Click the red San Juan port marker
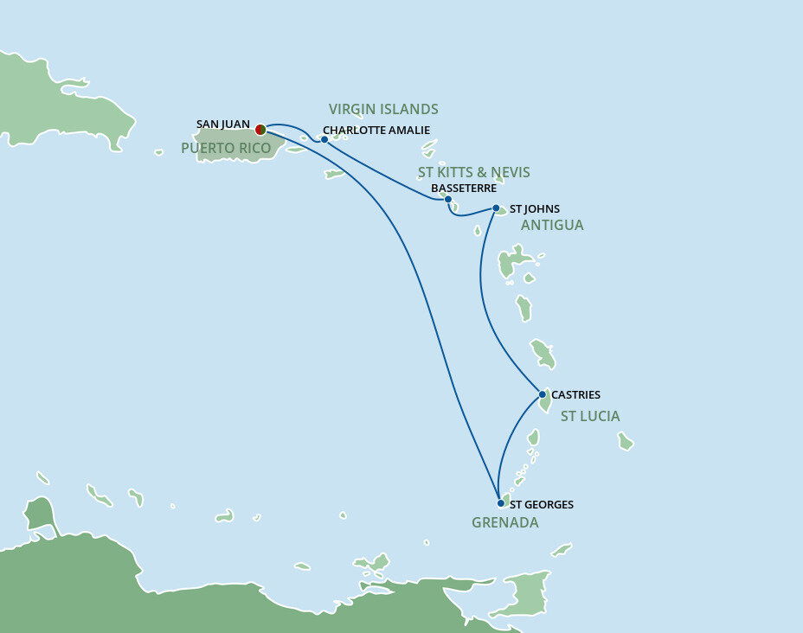click(260, 130)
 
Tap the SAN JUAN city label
click(223, 125)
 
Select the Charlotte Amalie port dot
click(324, 138)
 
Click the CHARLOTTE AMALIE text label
click(376, 131)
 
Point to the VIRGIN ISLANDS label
click(383, 109)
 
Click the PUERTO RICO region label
click(226, 149)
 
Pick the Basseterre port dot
click(447, 199)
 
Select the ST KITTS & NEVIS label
click(473, 172)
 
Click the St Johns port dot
click(496, 208)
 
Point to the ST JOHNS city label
click(534, 208)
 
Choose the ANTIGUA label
click(552, 225)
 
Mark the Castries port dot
click(543, 395)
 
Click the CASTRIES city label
click(575, 395)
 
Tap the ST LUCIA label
click(590, 416)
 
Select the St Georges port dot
click(501, 502)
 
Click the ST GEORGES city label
click(542, 504)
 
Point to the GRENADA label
click(504, 522)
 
